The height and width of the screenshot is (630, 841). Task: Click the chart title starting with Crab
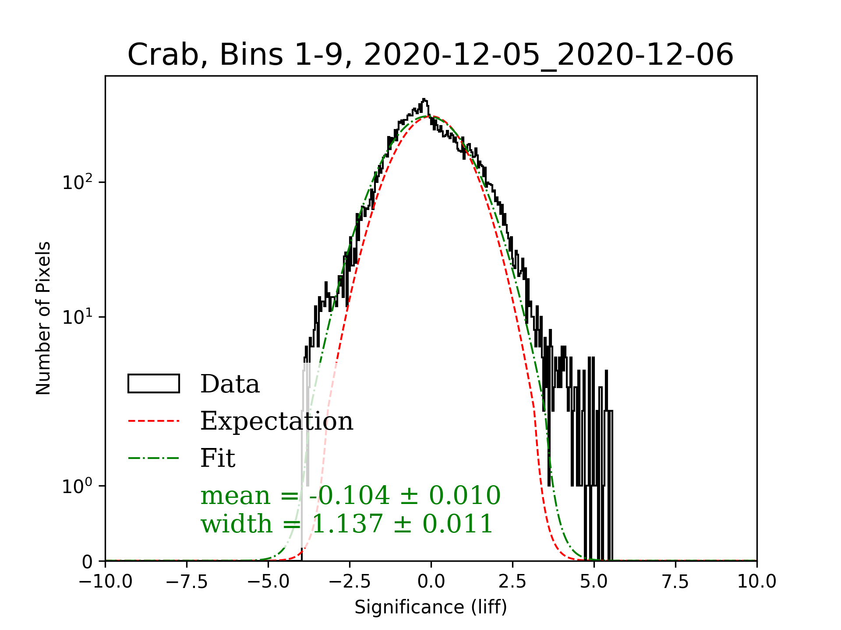(x=430, y=55)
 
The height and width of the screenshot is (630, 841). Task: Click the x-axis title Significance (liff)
(x=431, y=607)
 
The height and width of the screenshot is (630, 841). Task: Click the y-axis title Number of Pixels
(x=43, y=318)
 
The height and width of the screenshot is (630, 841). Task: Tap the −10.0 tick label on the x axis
(x=106, y=582)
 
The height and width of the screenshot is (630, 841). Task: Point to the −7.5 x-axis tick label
(x=187, y=582)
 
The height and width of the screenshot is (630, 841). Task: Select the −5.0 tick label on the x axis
(x=269, y=582)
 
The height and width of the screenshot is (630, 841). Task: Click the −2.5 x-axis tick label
(x=350, y=582)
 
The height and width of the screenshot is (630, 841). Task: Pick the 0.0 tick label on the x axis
(x=431, y=582)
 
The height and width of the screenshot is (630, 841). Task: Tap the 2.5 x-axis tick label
(x=512, y=582)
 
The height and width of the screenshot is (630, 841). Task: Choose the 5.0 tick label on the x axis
(x=594, y=582)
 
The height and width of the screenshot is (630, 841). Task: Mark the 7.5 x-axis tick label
(x=675, y=582)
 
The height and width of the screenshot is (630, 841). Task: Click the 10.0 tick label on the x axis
(x=757, y=582)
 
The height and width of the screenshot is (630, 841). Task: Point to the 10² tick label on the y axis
(x=77, y=182)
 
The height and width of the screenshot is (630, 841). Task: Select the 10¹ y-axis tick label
(x=77, y=317)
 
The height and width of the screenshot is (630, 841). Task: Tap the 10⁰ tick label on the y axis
(x=77, y=486)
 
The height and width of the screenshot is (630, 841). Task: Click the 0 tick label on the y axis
(x=87, y=562)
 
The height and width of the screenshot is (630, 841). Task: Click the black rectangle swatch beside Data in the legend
(x=154, y=384)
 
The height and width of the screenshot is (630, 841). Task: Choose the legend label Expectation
(x=276, y=421)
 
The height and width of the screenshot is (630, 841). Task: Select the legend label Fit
(x=218, y=458)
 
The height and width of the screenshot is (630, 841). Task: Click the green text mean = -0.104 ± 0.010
(x=350, y=496)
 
